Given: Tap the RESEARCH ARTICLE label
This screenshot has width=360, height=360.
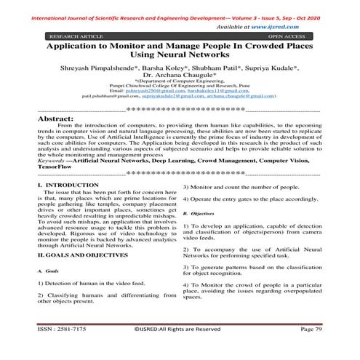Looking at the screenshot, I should point(72,35).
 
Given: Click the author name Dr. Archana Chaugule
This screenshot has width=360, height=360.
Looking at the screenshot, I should point(180,74).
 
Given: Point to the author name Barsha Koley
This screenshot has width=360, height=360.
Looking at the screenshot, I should point(177,66).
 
